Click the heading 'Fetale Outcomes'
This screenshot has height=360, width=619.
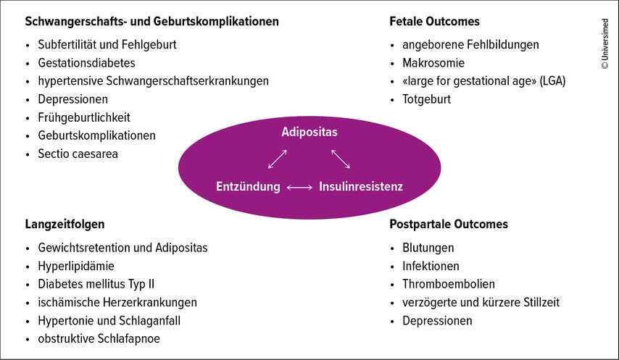[x=434, y=21]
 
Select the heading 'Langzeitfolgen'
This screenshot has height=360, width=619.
[x=65, y=225]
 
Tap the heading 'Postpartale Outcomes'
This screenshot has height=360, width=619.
[x=449, y=224]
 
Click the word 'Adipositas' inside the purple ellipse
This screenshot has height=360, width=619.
[x=309, y=132]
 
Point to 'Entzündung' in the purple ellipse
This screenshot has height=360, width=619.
[x=248, y=186]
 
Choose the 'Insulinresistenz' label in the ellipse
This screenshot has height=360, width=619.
[x=361, y=186]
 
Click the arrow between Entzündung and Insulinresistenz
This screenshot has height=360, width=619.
[x=299, y=188]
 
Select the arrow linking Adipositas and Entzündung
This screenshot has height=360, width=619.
[x=278, y=159]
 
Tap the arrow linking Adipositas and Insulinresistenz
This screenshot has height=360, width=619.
[x=341, y=159]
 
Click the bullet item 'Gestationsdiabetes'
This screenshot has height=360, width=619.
[x=86, y=63]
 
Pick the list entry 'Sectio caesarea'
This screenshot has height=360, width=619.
[x=78, y=154]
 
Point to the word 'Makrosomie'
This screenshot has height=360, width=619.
[x=433, y=63]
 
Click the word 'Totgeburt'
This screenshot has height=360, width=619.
[x=426, y=99]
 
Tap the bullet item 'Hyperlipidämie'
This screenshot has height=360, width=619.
[x=76, y=266]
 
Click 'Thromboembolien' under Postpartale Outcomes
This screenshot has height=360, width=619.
[x=449, y=284]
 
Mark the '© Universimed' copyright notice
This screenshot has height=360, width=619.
[x=605, y=44]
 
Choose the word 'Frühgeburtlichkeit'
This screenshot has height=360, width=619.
[x=84, y=117]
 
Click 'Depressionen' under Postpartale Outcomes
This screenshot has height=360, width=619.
[x=437, y=321]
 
